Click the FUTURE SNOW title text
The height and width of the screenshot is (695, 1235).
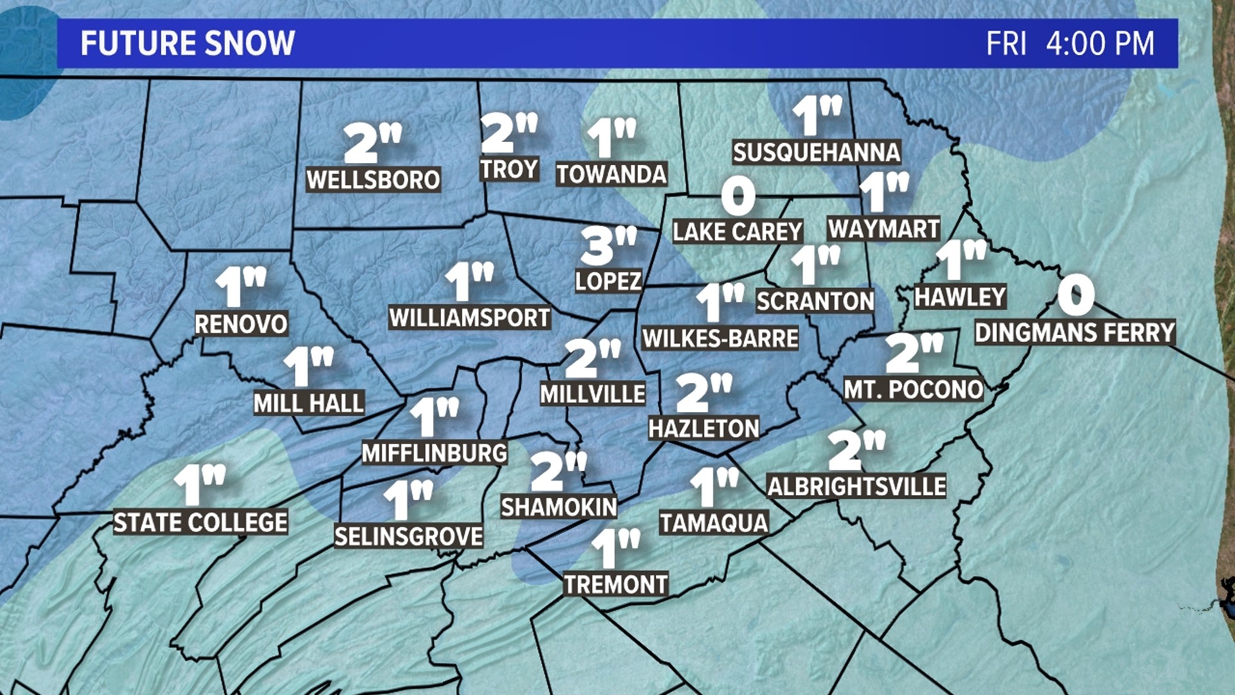tap(187, 44)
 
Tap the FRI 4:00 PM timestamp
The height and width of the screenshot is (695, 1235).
tap(1070, 44)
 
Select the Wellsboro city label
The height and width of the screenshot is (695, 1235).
tap(373, 180)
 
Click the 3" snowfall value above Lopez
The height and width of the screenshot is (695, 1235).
tap(607, 245)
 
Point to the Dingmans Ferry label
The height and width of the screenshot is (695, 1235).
tap(1075, 333)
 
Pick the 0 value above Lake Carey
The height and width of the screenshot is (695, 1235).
tap(738, 196)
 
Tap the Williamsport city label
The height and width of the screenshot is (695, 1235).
tap(470, 317)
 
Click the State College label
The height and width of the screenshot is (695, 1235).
tap(200, 522)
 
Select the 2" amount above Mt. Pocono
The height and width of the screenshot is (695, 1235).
tap(913, 353)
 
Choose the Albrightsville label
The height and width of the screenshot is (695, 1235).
tap(856, 486)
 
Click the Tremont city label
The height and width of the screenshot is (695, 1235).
tap(616, 584)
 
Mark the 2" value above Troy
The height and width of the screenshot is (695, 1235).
tap(508, 133)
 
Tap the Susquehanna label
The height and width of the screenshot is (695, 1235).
tap(816, 153)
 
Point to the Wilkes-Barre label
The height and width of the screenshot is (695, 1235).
tap(720, 338)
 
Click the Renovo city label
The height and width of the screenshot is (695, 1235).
tap(241, 324)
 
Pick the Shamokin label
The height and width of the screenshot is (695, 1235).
tap(558, 507)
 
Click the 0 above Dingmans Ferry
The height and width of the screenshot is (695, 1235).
tap(1075, 295)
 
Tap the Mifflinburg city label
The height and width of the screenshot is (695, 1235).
tap(434, 453)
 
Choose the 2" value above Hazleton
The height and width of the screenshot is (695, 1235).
tap(704, 393)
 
